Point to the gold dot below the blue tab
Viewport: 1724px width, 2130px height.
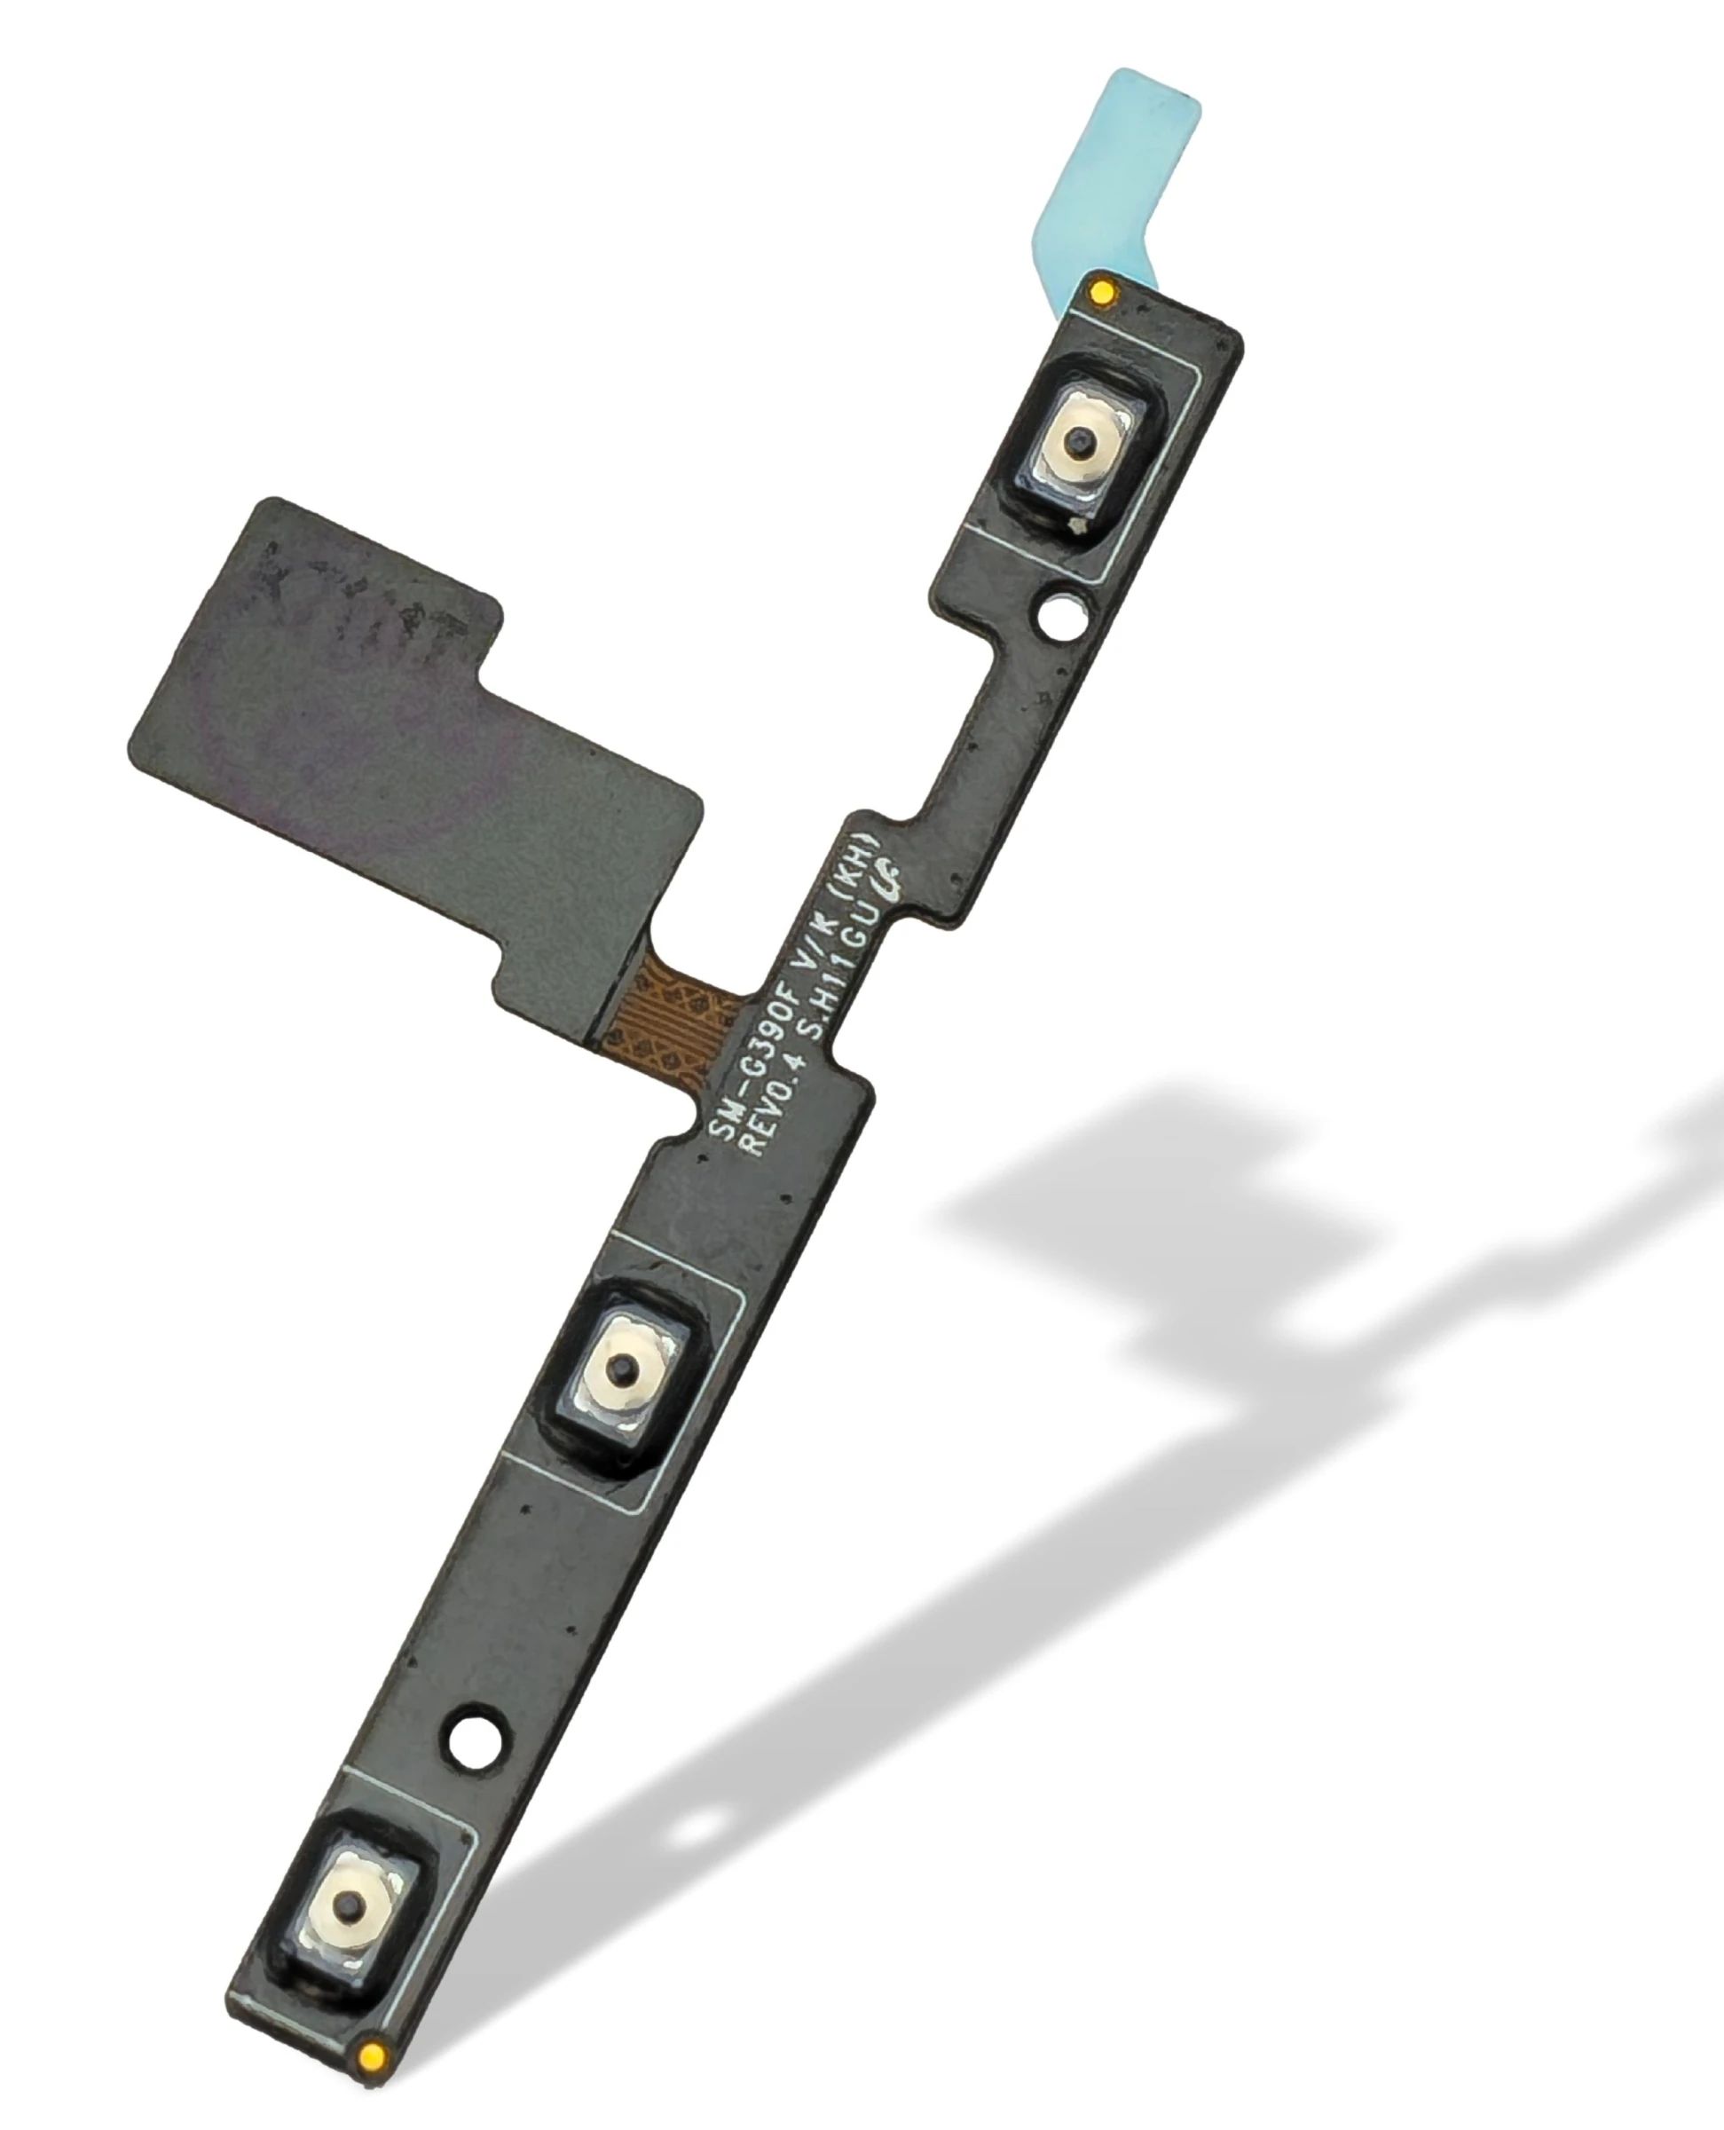click(1101, 292)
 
